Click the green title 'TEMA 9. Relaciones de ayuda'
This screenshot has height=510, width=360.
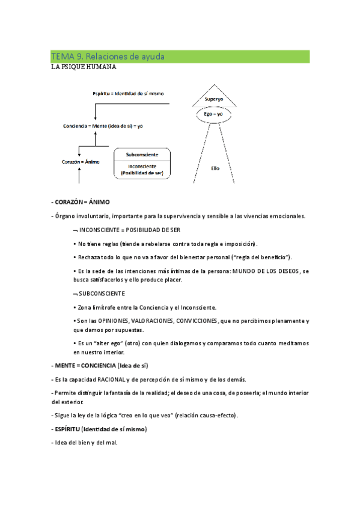(x=108, y=57)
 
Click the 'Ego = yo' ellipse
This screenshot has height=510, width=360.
(x=213, y=114)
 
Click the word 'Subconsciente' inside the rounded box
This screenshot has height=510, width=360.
(x=142, y=155)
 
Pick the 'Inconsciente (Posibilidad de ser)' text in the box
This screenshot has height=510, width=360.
(x=142, y=169)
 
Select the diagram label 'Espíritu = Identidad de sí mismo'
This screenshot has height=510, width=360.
(x=128, y=93)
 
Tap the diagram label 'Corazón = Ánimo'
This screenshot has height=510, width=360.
(x=81, y=161)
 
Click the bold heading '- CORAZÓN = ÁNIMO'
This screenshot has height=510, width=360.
(x=81, y=201)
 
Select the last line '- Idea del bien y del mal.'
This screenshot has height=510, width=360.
(x=85, y=443)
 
